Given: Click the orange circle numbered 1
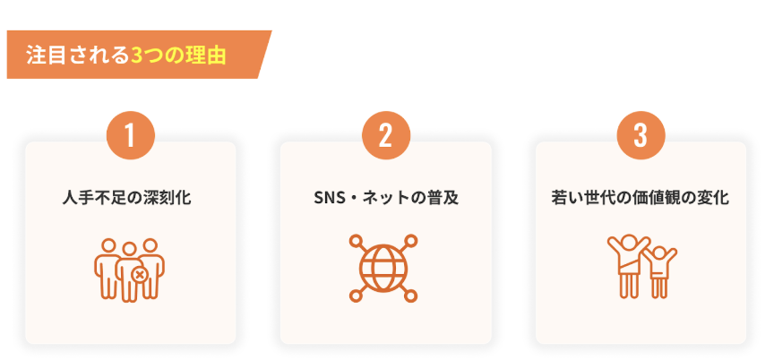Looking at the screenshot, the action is [x=130, y=135].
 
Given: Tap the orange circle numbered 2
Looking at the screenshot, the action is [x=385, y=135].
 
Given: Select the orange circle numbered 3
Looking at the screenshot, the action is [x=641, y=135].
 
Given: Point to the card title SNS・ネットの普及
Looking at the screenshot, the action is [x=386, y=198].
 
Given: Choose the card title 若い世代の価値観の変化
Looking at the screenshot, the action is [x=641, y=198].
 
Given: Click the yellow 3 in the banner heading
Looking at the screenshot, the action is [x=137, y=56].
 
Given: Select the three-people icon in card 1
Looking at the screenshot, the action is [x=129, y=270].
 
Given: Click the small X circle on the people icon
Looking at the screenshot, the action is [x=140, y=275].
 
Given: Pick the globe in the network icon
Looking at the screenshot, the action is [x=383, y=269].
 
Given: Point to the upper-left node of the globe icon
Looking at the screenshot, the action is [x=356, y=240].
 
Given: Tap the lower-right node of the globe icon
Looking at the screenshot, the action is [x=412, y=296].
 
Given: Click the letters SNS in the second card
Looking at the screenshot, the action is [x=328, y=198].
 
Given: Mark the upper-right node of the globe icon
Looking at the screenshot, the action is [x=412, y=240].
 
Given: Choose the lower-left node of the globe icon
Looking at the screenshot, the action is [x=356, y=296].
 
